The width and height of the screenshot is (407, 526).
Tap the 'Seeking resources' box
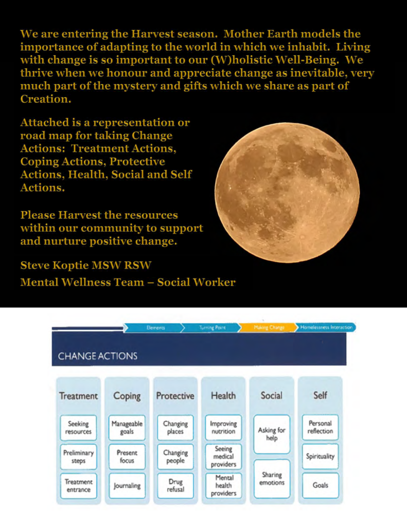point(78,427)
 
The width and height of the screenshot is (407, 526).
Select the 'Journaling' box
point(127,485)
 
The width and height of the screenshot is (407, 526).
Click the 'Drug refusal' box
point(175,485)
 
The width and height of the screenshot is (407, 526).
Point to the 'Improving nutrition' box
point(223,427)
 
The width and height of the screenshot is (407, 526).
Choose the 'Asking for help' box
point(271,434)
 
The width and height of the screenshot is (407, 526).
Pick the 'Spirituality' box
point(320,456)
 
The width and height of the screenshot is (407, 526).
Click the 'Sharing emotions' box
point(271,479)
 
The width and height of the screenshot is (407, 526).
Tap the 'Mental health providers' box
point(223,485)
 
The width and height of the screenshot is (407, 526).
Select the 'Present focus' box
point(127,456)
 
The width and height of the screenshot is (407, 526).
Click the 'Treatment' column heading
point(78,396)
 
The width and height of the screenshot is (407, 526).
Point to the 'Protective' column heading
point(175,396)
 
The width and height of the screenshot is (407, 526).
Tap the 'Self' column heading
point(320,396)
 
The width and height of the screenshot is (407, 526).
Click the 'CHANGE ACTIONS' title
point(98,356)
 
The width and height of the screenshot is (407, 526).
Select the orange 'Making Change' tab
point(269,327)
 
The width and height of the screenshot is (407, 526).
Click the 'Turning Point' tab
point(212,327)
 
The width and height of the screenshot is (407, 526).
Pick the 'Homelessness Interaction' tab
point(326,327)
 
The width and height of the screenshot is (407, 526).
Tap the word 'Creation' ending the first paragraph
point(44,100)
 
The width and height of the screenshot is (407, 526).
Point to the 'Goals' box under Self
point(320,485)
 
